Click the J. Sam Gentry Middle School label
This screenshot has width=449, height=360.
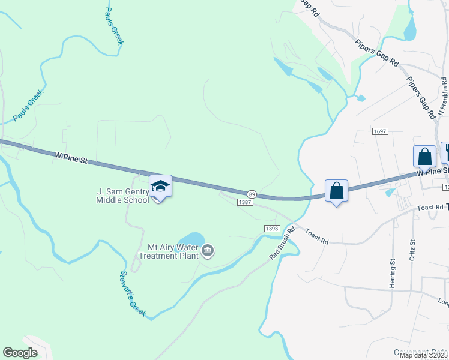tap(123, 196)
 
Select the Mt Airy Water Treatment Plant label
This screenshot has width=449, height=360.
tap(169, 251)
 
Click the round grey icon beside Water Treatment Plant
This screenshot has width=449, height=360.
tap(208, 250)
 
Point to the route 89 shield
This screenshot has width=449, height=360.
tap(252, 194)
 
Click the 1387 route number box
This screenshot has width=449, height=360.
tap(245, 203)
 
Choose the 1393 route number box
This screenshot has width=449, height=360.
tap(272, 229)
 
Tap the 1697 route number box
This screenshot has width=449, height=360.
tap(380, 131)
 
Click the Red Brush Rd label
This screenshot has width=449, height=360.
tap(283, 242)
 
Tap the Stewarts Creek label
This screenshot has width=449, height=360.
tap(133, 293)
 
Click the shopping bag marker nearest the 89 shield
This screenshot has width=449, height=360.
tap(337, 191)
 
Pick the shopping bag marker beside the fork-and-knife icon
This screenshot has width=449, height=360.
tap(424, 157)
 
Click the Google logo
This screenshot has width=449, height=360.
tap(20, 353)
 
